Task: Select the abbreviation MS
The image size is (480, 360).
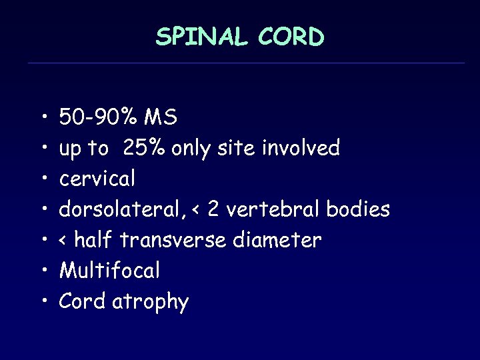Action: tap(161, 117)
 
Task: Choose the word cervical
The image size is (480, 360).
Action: tap(97, 179)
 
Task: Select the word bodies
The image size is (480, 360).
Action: tap(358, 209)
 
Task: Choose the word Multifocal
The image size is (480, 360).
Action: tap(110, 271)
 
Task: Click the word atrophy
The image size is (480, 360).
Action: tap(151, 302)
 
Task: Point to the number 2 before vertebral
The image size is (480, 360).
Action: tap(213, 209)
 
